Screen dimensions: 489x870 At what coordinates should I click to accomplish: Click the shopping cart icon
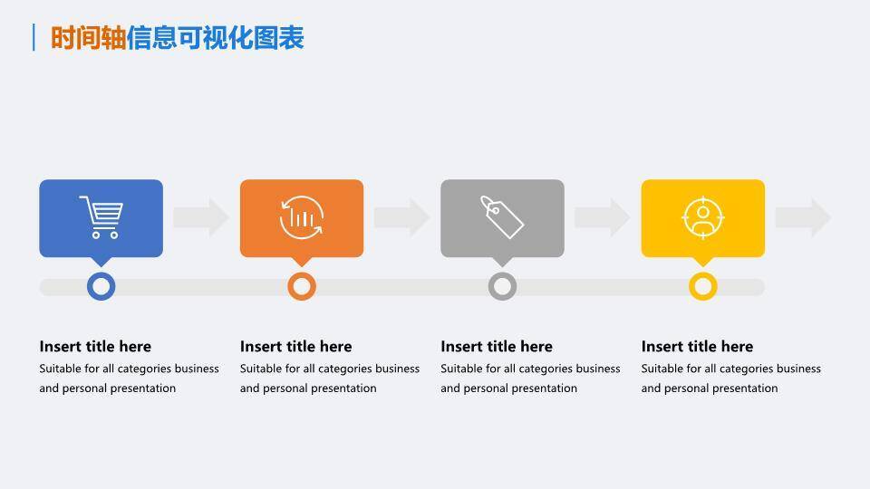pos(101,217)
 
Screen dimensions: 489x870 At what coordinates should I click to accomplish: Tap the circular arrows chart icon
pos(302,217)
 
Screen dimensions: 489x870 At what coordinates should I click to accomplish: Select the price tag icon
pos(502,216)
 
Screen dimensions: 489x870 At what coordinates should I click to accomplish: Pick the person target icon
pos(702,217)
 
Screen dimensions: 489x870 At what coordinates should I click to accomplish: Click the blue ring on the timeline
pos(101,286)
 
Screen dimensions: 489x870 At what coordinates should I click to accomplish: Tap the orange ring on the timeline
pos(302,286)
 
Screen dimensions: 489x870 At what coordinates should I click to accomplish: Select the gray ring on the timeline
pos(502,286)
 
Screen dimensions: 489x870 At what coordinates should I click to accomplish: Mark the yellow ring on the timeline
pos(702,286)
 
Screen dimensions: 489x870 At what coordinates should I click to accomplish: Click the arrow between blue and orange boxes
pos(201,217)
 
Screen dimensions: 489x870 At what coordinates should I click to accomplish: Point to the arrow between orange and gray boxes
pos(401,217)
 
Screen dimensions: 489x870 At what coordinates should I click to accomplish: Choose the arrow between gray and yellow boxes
pos(603,217)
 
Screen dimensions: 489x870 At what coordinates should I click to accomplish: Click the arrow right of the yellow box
pos(803,217)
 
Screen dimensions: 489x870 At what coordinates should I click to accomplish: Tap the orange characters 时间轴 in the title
pos(88,38)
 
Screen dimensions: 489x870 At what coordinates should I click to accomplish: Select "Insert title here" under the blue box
pos(95,346)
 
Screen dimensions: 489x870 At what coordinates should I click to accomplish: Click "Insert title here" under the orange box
pos(295,346)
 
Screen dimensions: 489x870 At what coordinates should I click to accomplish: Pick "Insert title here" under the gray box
pos(497,346)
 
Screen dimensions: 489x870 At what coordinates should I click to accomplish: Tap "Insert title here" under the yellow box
pos(697,346)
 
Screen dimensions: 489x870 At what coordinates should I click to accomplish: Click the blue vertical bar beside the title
pos(34,37)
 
